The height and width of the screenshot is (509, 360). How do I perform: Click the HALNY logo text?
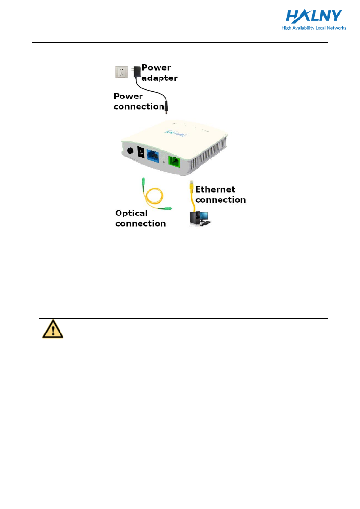tap(315, 18)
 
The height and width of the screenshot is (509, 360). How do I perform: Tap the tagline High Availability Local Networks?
tap(314, 28)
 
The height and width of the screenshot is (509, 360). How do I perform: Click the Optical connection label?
tap(140, 218)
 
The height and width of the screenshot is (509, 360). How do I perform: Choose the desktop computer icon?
tap(200, 217)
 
